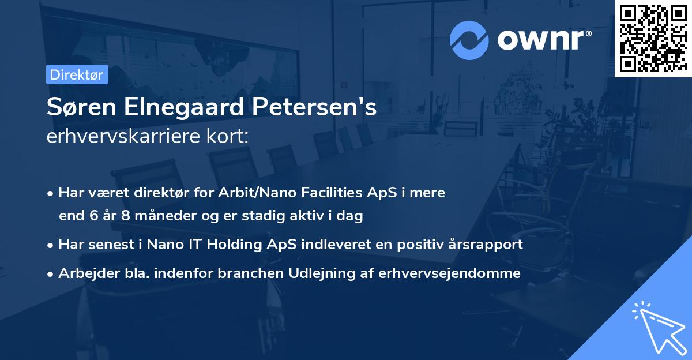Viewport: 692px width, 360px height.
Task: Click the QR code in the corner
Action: [653, 39]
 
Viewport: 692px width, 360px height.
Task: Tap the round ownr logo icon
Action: [469, 40]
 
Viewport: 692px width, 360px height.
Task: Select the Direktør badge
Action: [77, 74]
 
